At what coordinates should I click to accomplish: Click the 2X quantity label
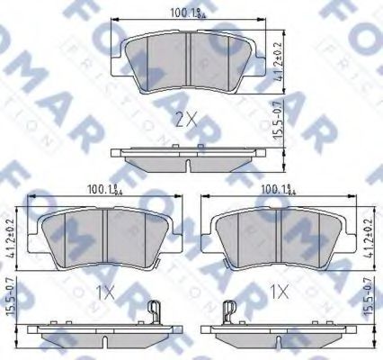click(x=187, y=117)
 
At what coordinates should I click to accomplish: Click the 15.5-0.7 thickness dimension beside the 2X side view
click(x=280, y=133)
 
